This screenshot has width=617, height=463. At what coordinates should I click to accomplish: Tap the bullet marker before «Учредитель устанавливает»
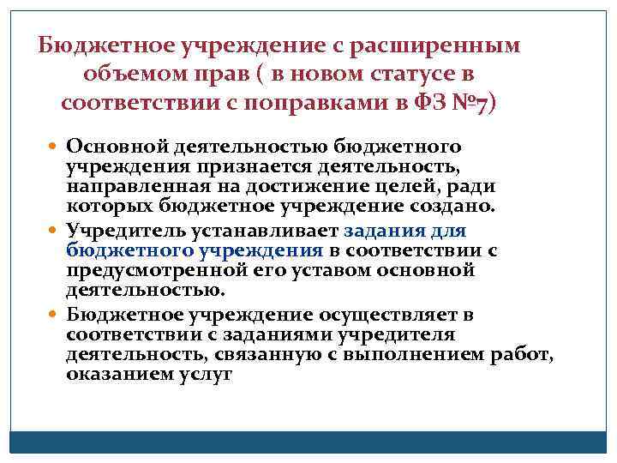coord(55,231)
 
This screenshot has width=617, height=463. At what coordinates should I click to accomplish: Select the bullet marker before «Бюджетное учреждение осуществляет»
coord(55,315)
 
